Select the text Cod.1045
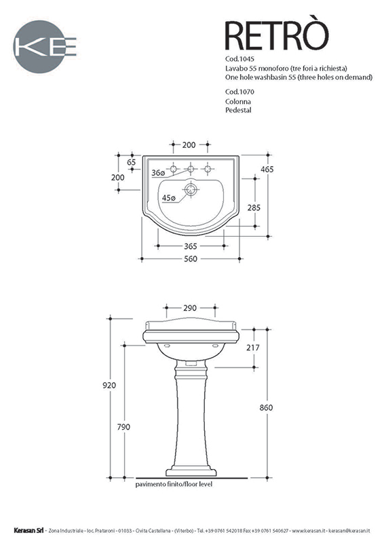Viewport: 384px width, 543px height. [x=239, y=59]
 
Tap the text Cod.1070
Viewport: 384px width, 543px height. [x=239, y=92]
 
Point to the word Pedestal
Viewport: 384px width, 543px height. [x=238, y=110]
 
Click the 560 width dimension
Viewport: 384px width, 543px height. [x=191, y=259]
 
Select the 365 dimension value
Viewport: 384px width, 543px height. [x=191, y=246]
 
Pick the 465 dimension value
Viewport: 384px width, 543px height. [x=267, y=169]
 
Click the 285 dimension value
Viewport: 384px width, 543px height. [x=254, y=208]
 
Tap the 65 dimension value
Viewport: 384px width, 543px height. [x=131, y=162]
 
